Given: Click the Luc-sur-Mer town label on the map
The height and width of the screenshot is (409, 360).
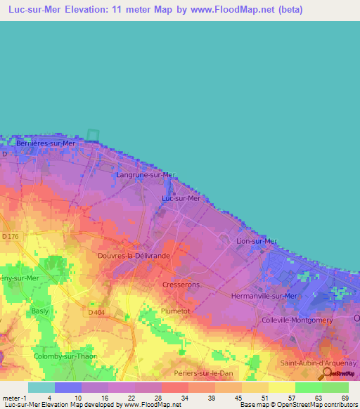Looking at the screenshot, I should [x=181, y=198].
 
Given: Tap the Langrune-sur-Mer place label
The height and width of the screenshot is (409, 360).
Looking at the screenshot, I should [x=145, y=174].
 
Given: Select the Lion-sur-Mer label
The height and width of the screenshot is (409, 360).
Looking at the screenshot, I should [x=254, y=241].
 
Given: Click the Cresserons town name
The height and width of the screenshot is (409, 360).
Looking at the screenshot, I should [x=181, y=285].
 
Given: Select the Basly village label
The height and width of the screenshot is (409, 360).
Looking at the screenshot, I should [x=38, y=310].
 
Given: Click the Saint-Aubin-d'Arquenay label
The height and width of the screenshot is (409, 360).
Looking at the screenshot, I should [x=319, y=363].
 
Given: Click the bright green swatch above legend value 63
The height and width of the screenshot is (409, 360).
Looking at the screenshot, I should [x=309, y=387].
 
